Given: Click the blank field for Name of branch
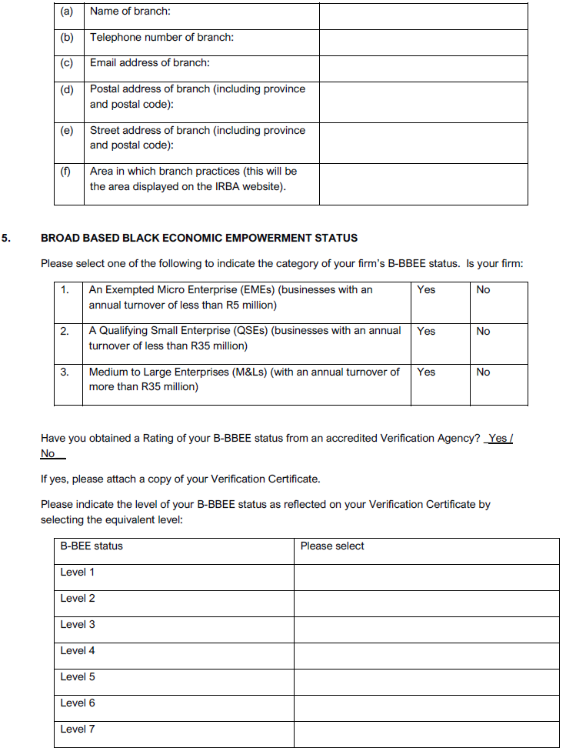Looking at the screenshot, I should [423, 16].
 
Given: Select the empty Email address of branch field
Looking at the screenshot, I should [423, 68].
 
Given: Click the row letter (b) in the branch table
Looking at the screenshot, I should [68, 38].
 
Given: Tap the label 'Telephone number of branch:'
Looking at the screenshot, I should [161, 38].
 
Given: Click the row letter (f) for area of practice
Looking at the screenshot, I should [68, 172].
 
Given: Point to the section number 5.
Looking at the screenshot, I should [6, 239].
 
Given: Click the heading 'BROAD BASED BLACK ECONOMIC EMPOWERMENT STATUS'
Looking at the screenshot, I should [199, 239].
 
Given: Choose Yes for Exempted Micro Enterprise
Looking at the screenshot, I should [426, 290].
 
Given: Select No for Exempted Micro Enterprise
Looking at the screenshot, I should [483, 290].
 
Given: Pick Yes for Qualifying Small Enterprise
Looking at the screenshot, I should [426, 332].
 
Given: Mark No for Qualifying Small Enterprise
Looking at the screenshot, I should [483, 332].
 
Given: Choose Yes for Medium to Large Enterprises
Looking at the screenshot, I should [426, 372].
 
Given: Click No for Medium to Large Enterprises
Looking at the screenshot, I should [483, 372].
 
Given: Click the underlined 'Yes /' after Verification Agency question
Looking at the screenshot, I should [501, 439].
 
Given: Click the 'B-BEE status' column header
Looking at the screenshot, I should [92, 546].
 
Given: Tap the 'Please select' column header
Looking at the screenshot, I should [332, 546].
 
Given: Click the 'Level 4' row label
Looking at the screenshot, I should [78, 651].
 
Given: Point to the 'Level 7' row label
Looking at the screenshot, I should [78, 730].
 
